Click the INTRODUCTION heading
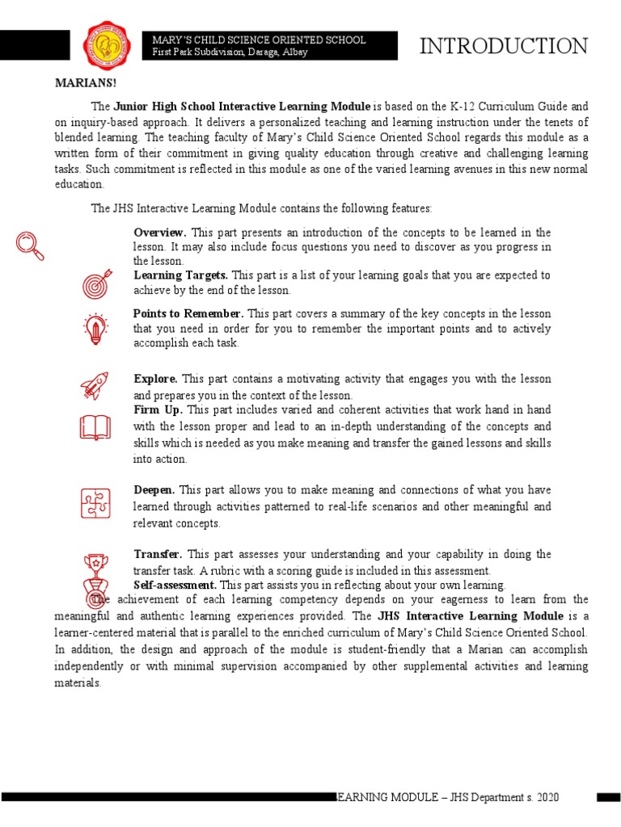[503, 47]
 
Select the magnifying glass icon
[30, 246]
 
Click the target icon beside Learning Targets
[95, 284]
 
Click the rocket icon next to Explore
[95, 385]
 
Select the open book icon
[95, 428]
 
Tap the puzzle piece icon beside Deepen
[95, 504]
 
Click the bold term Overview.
[160, 233]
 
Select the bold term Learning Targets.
[180, 275]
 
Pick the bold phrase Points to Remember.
[188, 313]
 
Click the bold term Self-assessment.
[175, 585]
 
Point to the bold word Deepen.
[154, 490]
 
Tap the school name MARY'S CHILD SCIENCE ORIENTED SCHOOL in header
[259, 40]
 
